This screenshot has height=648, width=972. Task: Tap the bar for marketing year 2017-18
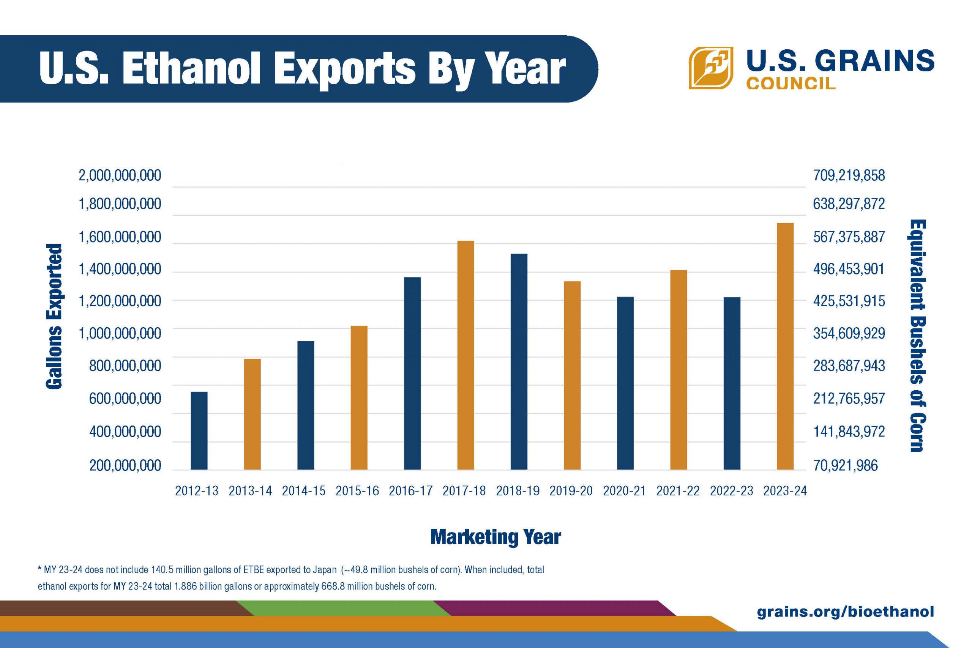(465, 355)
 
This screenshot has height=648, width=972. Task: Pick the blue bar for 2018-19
(519, 362)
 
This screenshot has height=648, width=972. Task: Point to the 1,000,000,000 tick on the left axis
(120, 333)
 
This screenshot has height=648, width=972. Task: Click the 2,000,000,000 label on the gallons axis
(120, 176)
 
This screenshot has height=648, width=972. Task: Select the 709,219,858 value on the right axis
(849, 176)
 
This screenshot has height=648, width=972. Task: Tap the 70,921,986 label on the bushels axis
(845, 466)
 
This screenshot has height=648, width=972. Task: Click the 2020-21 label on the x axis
(624, 491)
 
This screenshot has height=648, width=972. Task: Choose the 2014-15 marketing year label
(303, 491)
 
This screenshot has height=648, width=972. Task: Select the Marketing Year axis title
(495, 537)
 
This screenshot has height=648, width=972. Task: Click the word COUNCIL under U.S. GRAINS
(791, 84)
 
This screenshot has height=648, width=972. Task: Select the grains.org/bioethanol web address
(845, 611)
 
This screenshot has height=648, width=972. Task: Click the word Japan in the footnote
(324, 570)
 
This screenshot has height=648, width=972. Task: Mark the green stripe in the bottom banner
(343, 607)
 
